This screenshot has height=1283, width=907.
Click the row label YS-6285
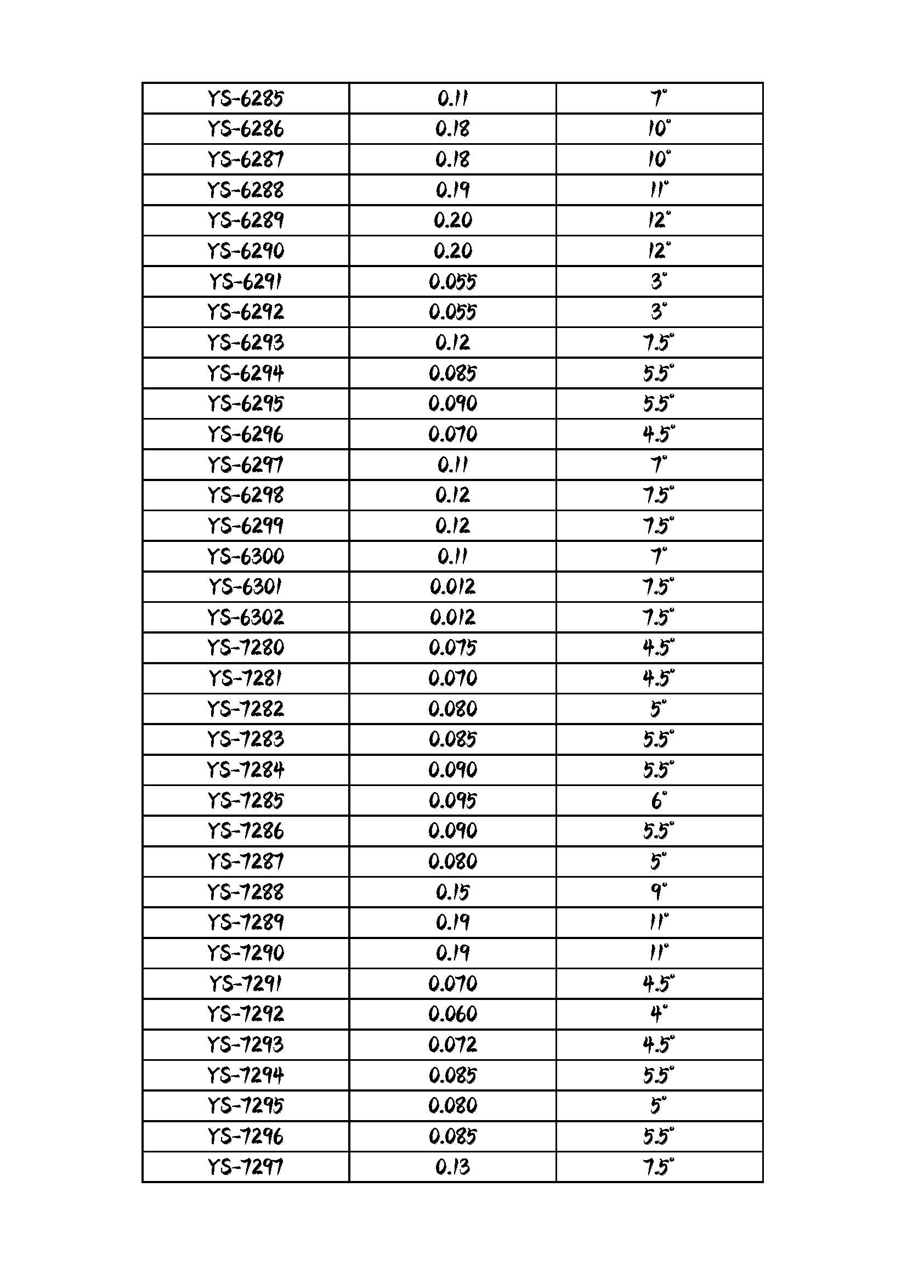point(246,99)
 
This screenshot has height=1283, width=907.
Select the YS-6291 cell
point(246,281)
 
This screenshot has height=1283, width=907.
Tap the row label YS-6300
point(246,557)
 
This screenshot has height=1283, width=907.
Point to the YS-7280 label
point(246,648)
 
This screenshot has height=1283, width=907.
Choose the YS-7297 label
point(246,1167)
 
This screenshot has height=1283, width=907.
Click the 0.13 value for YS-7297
point(452,1167)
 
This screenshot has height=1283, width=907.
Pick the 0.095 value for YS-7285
point(452,801)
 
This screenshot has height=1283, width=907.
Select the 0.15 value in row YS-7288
point(452,892)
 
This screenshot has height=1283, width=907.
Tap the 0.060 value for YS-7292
point(452,1014)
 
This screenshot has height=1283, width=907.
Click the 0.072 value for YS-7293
point(452,1044)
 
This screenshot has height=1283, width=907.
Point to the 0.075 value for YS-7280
point(452,648)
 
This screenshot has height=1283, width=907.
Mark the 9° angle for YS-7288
point(659,892)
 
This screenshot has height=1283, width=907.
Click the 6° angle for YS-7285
point(659,801)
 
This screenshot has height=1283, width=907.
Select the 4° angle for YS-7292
point(659,1014)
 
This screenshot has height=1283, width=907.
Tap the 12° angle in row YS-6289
point(659,221)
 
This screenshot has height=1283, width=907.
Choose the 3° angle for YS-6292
point(659,312)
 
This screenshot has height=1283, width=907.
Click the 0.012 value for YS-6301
point(452,587)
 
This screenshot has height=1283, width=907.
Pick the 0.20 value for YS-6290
point(452,251)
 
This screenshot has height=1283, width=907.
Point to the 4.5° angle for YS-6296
point(659,434)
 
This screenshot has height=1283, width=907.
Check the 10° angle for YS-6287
point(659,160)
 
